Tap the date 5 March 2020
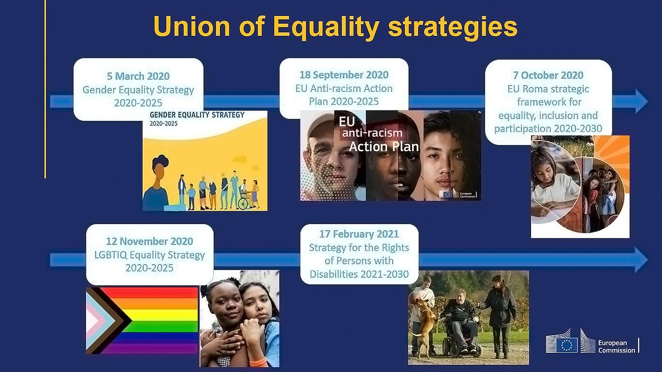click(138, 76)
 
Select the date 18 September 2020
click(344, 75)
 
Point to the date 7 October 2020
click(548, 75)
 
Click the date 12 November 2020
click(149, 242)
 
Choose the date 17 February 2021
click(359, 234)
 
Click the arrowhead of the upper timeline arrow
click(641, 101)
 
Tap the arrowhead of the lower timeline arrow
click(641, 260)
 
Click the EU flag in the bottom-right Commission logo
click(566, 345)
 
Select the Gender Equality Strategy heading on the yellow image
click(197, 115)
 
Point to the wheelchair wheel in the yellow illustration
click(244, 203)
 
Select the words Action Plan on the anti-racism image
click(384, 146)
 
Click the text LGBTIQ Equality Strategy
click(149, 255)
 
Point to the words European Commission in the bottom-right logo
click(617, 346)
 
